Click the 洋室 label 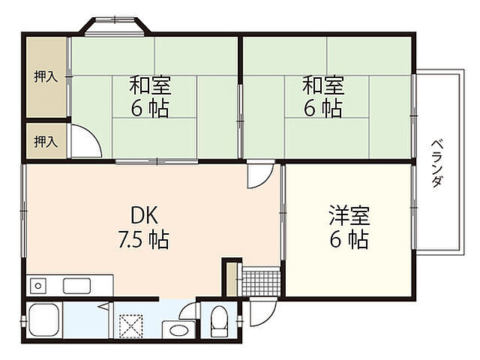348,215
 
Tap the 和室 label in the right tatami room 323,84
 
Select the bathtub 45,321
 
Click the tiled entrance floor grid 261,283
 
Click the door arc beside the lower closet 85,142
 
